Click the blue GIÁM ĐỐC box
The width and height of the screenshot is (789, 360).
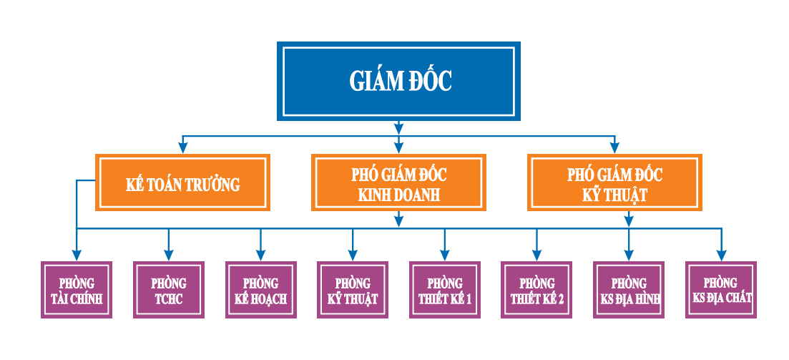398,81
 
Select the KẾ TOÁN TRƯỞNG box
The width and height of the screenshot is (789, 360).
183,183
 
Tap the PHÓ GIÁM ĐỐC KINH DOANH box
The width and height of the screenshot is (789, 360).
398,183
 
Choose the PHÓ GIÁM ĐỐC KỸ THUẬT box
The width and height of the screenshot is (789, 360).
614,183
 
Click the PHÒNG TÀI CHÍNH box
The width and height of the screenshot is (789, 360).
77,290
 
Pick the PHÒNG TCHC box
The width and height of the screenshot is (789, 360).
169,290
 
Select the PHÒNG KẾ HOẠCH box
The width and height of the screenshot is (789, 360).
260,290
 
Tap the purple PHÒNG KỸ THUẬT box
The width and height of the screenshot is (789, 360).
352,290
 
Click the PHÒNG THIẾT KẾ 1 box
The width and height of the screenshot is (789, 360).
444,290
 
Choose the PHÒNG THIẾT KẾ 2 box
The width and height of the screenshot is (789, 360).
536,290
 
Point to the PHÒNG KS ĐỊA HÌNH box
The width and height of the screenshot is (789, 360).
629,290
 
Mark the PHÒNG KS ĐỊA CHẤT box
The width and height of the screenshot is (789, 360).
721,290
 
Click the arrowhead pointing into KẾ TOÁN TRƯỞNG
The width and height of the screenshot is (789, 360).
183,148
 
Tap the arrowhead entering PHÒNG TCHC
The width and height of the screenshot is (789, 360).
169,255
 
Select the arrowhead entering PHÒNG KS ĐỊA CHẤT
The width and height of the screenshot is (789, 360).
721,255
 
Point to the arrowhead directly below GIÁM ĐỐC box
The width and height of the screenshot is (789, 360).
398,129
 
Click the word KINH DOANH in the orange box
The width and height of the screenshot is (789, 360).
398,194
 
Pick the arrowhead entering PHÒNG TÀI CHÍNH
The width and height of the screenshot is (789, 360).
77,255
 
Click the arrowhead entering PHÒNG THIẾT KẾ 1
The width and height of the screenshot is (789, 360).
444,255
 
